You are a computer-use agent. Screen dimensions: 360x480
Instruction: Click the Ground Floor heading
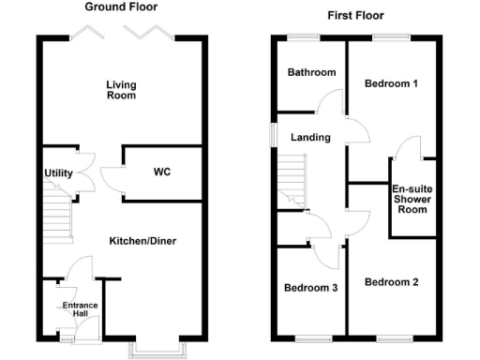click(x=121, y=7)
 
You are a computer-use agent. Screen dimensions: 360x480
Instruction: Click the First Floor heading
click(x=355, y=16)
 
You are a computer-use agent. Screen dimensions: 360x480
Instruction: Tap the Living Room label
click(x=121, y=90)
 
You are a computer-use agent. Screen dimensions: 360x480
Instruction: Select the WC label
click(x=162, y=172)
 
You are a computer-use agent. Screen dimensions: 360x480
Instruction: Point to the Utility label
click(x=58, y=173)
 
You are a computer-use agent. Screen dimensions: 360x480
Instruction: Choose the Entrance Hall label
click(x=80, y=310)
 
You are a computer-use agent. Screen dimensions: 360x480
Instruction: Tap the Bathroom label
click(x=311, y=72)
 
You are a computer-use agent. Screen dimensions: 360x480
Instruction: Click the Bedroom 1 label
click(x=391, y=83)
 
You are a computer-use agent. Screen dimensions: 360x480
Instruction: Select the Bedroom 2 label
click(x=391, y=282)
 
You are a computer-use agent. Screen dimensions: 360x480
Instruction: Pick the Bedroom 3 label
click(x=310, y=288)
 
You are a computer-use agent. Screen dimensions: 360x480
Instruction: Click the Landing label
click(x=310, y=138)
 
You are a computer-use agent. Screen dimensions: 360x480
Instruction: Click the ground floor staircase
click(x=58, y=217)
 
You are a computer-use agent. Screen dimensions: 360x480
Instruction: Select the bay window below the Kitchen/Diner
click(x=158, y=351)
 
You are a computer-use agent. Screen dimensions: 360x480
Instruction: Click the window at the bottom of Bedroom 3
click(x=310, y=338)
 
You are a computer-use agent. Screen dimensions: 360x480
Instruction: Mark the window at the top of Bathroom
click(x=302, y=37)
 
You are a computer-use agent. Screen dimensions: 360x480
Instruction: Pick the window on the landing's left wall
click(x=272, y=134)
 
